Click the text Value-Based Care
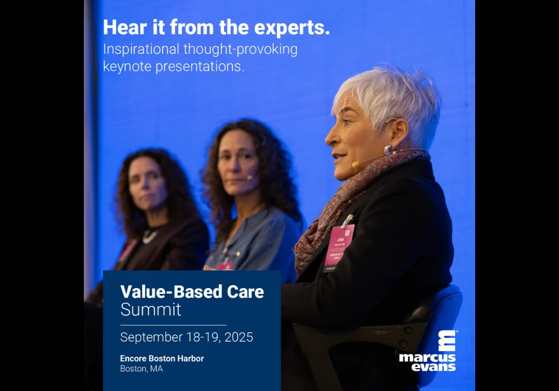tap(192, 292)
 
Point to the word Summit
tap(150, 310)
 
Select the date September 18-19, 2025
tap(186, 337)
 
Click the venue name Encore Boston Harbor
tap(162, 359)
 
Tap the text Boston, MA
tap(141, 369)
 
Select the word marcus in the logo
tap(427, 358)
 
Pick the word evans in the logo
tap(434, 367)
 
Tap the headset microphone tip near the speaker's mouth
tap(354, 165)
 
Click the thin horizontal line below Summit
tap(173, 325)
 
